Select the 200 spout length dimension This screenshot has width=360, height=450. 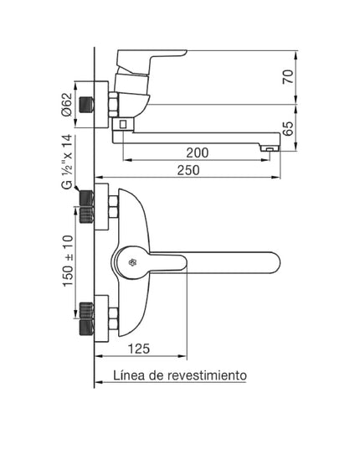click(198, 152)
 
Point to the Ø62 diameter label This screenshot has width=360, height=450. click(66, 102)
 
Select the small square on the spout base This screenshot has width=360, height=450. click(123, 124)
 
